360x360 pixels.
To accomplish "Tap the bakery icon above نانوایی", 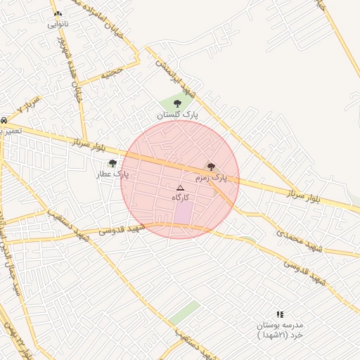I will pos(58,13).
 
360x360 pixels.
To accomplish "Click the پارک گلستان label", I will pos(177,113).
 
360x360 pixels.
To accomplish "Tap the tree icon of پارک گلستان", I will pos(176,103).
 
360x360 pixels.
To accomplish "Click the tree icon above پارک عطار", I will pos(112,163).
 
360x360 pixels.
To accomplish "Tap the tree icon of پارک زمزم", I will pos(211,167).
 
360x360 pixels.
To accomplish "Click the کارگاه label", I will pos(181,198).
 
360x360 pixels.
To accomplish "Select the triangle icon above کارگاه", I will pos(180,188).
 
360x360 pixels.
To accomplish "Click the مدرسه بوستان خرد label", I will pos(280,330).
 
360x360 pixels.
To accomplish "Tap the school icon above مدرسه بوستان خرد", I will pos(280,315).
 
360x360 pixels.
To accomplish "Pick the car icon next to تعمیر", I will pos(4,121).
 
